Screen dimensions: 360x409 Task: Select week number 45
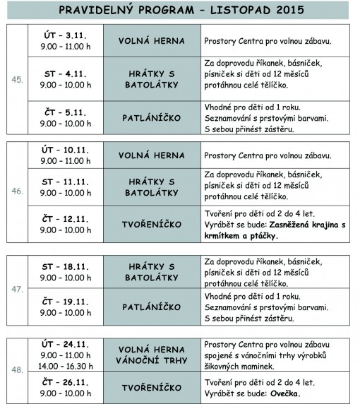pos(17,80)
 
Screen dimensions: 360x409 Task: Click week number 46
pos(17,191)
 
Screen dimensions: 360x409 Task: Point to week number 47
pos(17,290)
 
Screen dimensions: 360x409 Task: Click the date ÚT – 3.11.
pos(64,35)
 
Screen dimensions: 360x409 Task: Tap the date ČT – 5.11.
pos(64,112)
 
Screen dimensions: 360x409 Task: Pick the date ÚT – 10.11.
pos(64,148)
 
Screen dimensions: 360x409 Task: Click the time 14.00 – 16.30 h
pos(64,367)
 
